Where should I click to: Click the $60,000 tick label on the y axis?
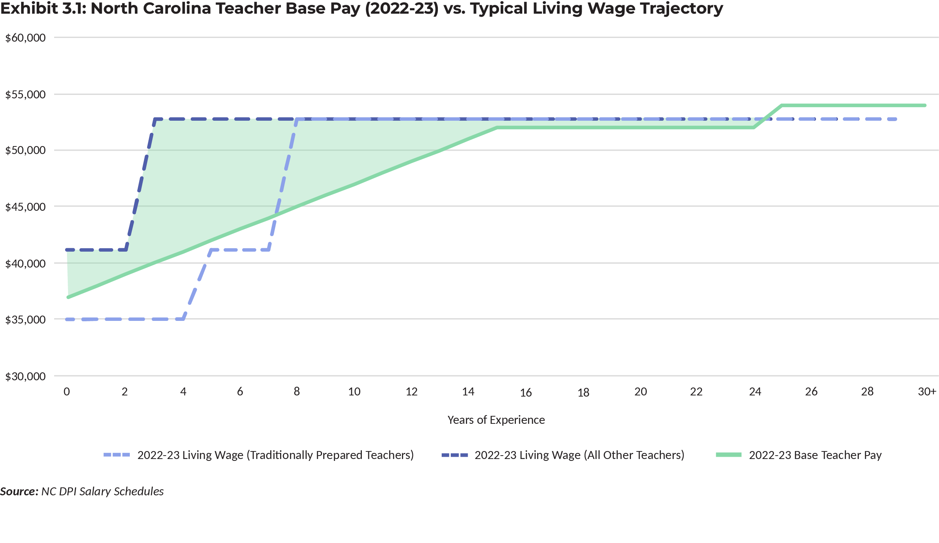(25, 38)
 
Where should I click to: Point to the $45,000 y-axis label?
(25, 207)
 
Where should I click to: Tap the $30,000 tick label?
(25, 377)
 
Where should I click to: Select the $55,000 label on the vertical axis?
(25, 95)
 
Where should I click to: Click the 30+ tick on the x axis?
(927, 391)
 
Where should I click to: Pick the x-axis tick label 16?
(526, 392)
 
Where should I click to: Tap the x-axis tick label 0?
(67, 392)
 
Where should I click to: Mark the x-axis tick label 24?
(755, 391)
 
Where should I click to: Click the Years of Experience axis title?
(496, 420)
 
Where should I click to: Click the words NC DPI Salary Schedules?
(102, 491)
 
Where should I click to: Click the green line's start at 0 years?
(68, 297)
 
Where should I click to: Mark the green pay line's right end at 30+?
(925, 106)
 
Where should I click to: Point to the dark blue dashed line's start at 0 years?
(67, 250)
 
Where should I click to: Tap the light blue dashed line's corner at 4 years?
(184, 319)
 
